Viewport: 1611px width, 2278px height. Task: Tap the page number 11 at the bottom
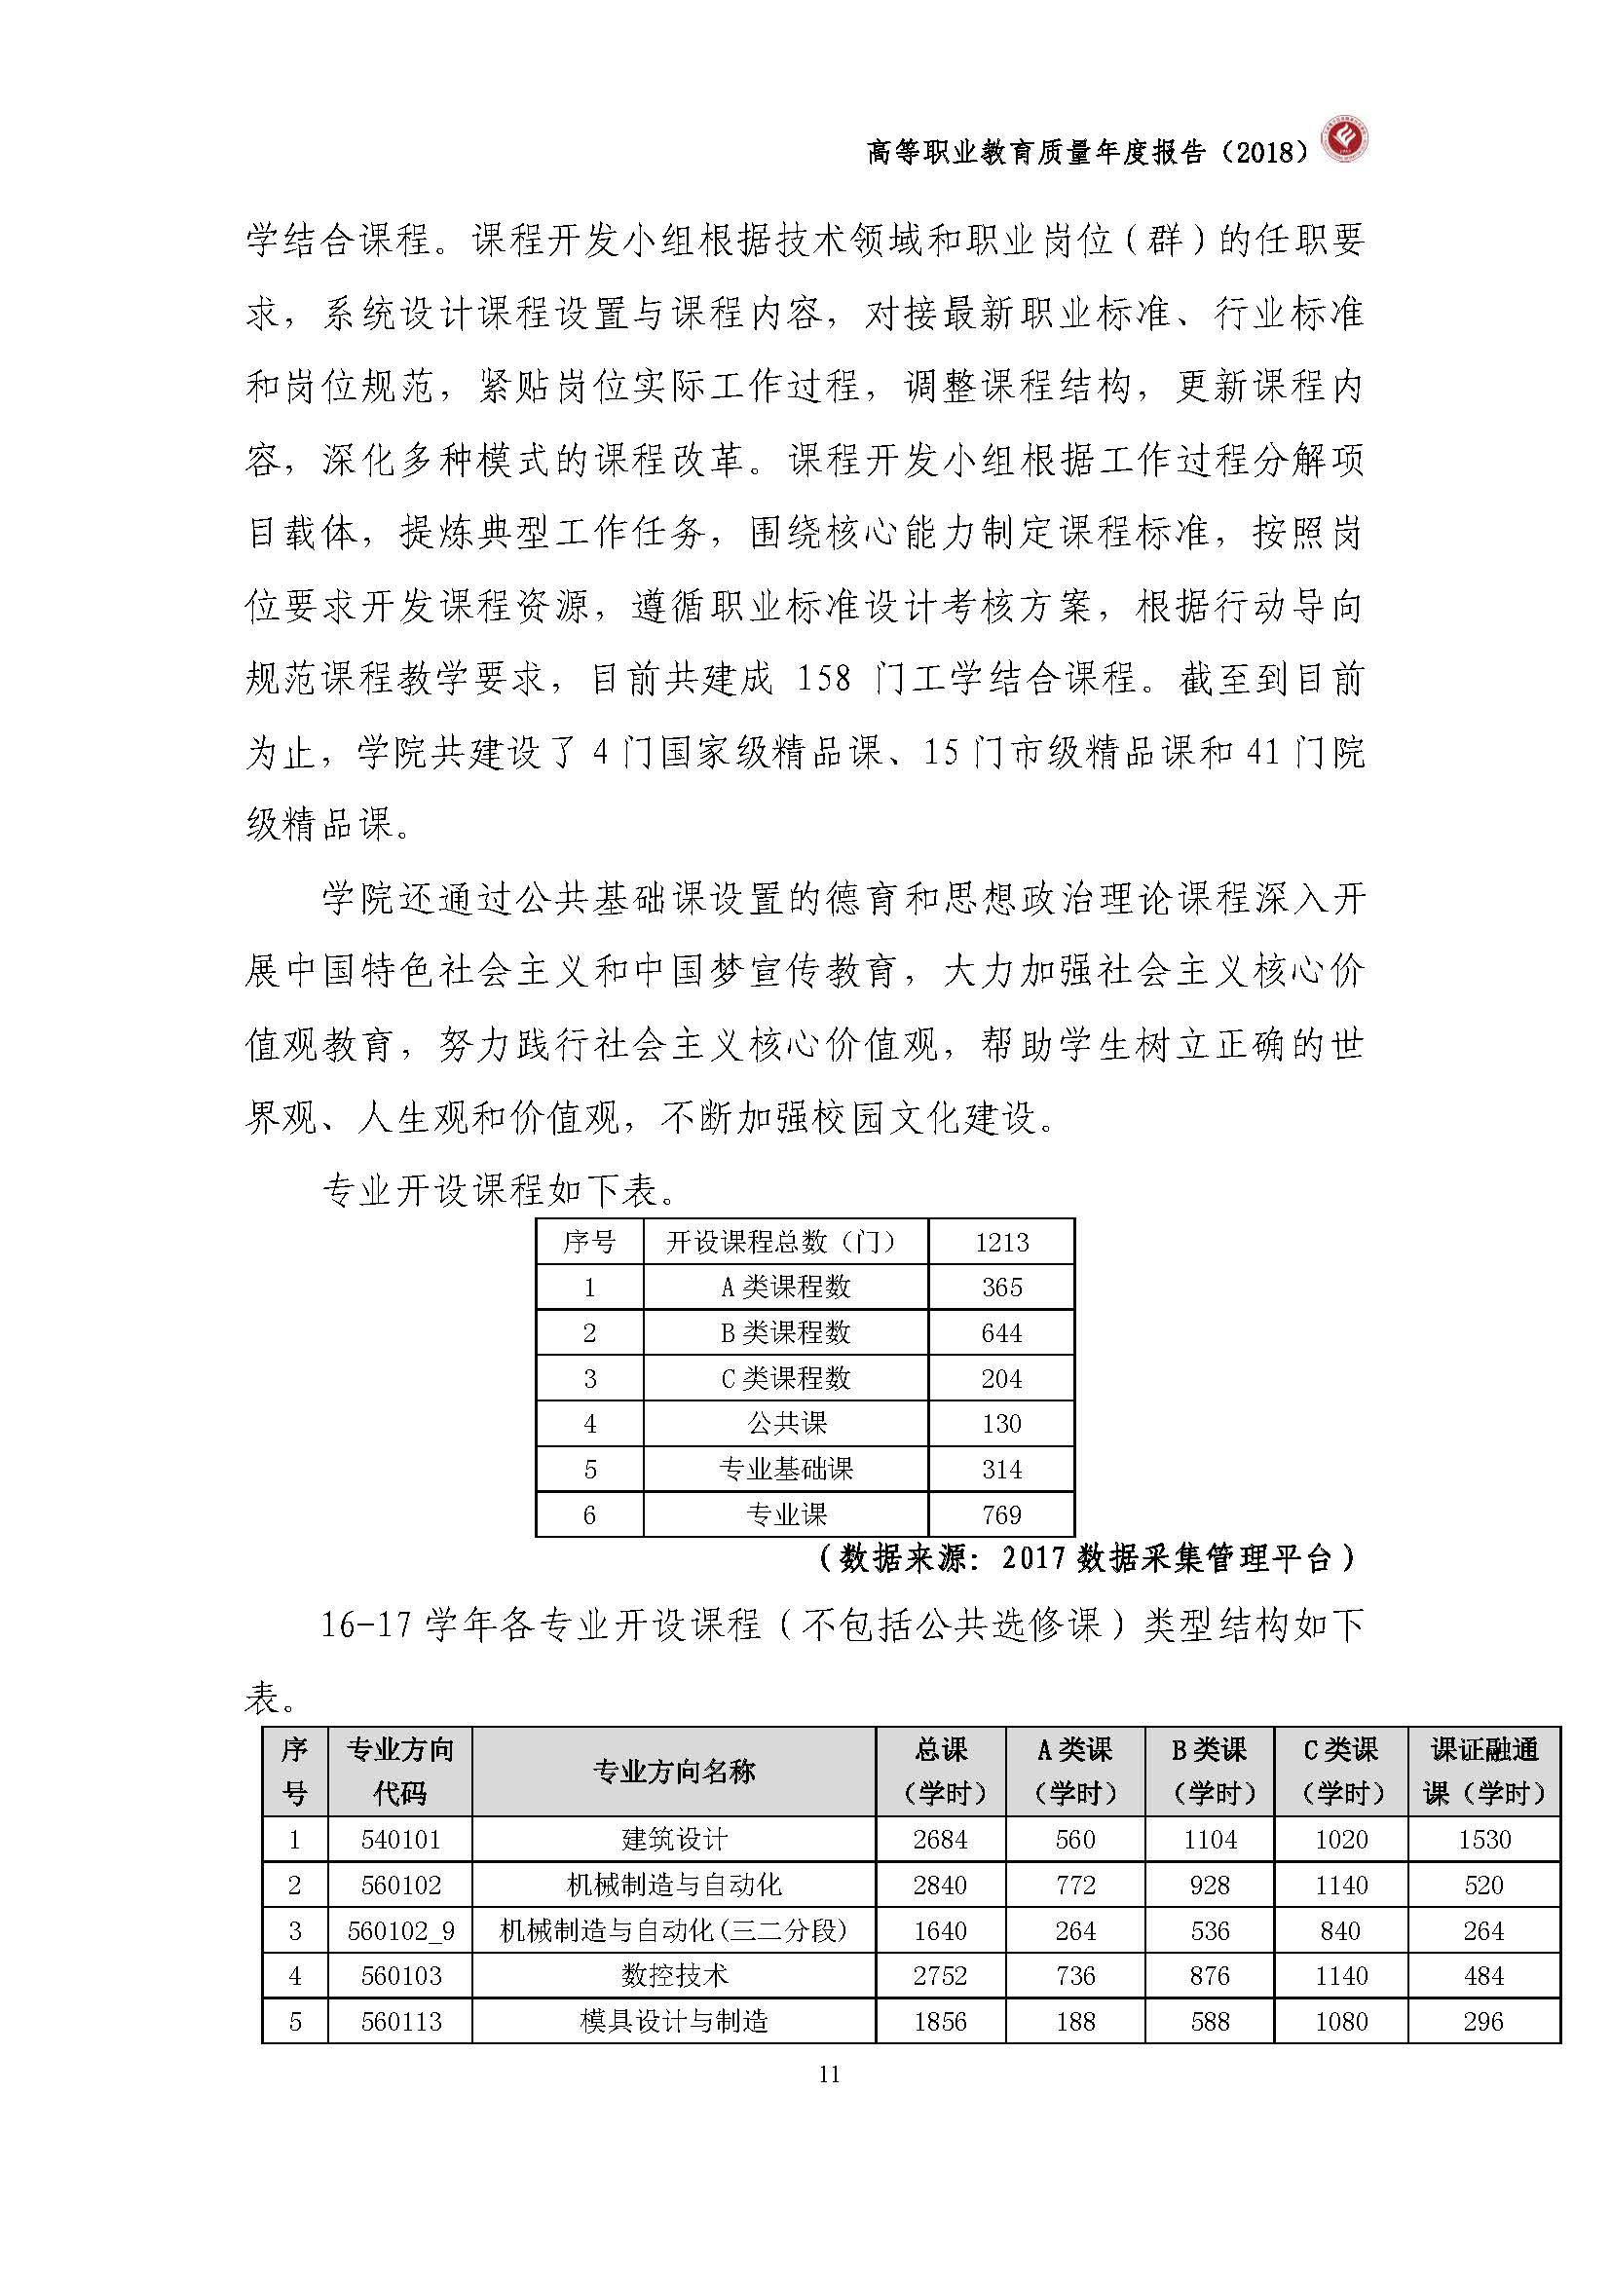tap(829, 2073)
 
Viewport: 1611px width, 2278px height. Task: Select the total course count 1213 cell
tap(1001, 1242)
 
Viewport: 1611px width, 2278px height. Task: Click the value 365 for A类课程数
tap(1001, 1288)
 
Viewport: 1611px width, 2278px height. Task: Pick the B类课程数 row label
tap(785, 1333)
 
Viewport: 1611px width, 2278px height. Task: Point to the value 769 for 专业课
tap(1001, 1515)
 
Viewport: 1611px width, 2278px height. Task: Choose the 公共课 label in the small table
tap(786, 1424)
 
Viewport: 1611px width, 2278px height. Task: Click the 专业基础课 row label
tap(785, 1470)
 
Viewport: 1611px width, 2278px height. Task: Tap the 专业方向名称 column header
tap(674, 1771)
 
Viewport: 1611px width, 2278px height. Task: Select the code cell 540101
tap(400, 1840)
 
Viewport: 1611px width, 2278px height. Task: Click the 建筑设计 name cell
tap(674, 1840)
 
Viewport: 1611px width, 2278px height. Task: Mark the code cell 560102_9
tap(400, 1930)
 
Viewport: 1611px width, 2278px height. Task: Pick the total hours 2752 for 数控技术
tap(939, 1975)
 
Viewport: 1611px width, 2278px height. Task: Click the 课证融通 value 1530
tap(1483, 1840)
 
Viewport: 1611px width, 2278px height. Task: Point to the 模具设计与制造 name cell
tap(674, 2021)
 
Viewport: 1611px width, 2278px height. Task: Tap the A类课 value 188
tap(1074, 2021)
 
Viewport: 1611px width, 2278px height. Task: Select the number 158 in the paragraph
tap(823, 679)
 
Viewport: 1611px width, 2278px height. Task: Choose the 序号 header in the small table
tap(589, 1242)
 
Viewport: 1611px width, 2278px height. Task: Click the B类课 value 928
tap(1210, 1886)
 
